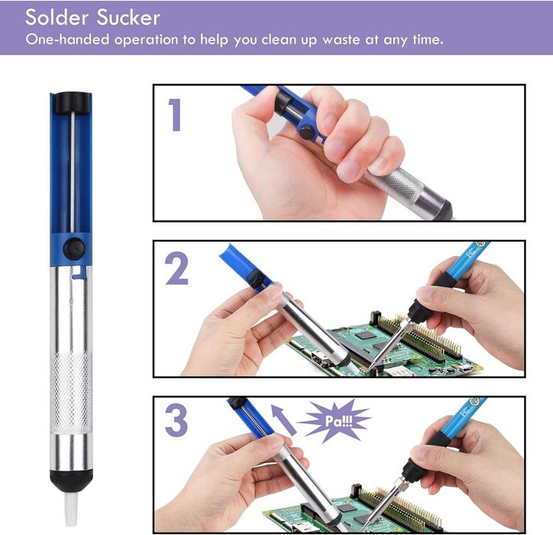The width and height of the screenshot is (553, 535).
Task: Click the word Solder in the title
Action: pyautogui.click(x=57, y=18)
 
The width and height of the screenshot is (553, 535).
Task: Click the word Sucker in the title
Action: pyautogui.click(x=128, y=18)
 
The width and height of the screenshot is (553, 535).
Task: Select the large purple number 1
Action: pyautogui.click(x=175, y=115)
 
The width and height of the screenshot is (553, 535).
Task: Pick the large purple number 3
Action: pyautogui.click(x=176, y=420)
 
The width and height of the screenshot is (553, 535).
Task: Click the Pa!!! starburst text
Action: pyautogui.click(x=338, y=421)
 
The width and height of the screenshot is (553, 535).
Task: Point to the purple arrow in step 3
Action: pyautogui.click(x=283, y=420)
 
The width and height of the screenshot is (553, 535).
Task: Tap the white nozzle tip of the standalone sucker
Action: pyautogui.click(x=71, y=507)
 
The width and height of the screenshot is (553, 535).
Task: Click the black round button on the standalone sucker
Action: pyautogui.click(x=74, y=248)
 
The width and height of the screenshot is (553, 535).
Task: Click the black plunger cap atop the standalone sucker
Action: pyautogui.click(x=71, y=102)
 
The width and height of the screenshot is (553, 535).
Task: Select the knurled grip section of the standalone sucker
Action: pyautogui.click(x=71, y=393)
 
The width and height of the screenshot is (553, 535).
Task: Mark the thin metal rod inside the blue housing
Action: pyautogui.click(x=73, y=173)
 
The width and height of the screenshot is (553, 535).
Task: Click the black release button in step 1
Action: pyautogui.click(x=307, y=132)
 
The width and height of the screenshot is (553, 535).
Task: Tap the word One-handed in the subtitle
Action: pyautogui.click(x=67, y=39)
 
